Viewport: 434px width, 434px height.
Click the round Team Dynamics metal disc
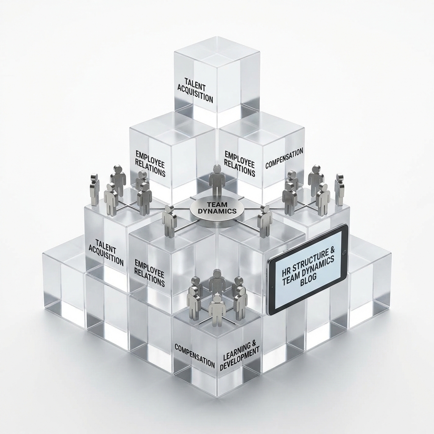pos(217,211)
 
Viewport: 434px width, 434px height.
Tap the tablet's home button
pos(345,253)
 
